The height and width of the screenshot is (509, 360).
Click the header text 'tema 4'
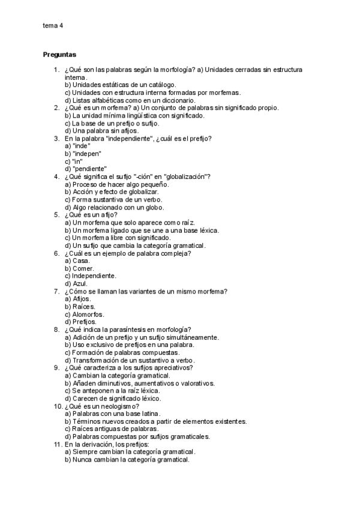point(53,26)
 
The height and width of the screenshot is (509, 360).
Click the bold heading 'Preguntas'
point(59,55)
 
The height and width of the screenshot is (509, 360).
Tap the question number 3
point(56,139)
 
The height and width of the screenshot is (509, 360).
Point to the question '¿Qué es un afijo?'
point(91,215)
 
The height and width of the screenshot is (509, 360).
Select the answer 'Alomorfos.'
point(84,315)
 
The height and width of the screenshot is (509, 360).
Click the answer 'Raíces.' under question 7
point(80,307)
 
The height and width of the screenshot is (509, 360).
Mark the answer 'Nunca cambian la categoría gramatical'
point(127,460)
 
